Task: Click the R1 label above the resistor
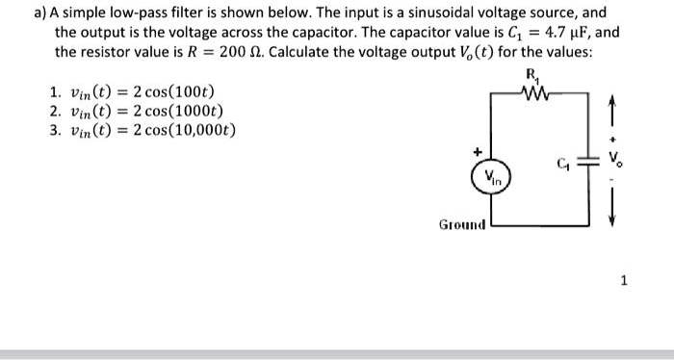pyautogui.click(x=531, y=77)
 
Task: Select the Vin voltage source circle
pyautogui.click(x=492, y=178)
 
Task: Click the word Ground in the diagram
pyautogui.click(x=462, y=225)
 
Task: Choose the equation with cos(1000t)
pyautogui.click(x=147, y=112)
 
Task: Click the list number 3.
pyautogui.click(x=54, y=130)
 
